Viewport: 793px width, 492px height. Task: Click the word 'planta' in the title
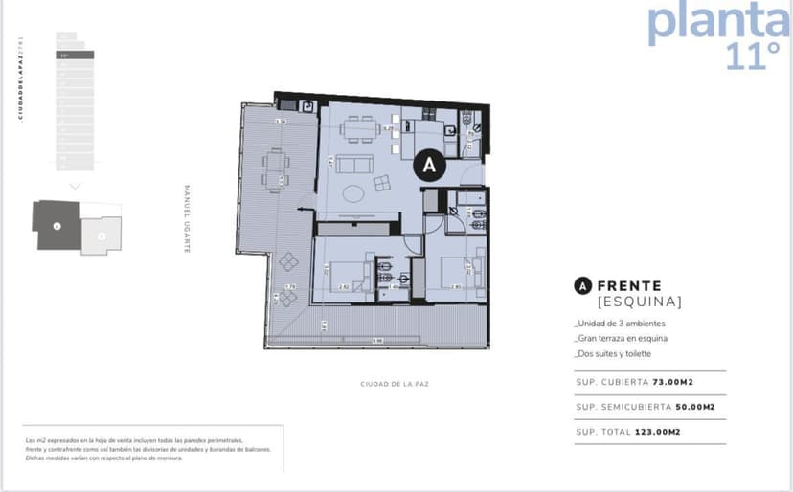718,22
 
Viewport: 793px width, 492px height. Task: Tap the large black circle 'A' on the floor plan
429,165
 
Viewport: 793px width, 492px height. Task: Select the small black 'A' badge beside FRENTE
580,285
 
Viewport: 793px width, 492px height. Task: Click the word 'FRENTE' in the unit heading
628,285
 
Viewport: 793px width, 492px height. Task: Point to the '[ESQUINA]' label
639,302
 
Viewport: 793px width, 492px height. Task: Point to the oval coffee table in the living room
354,193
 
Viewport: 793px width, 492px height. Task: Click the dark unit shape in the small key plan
57,225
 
